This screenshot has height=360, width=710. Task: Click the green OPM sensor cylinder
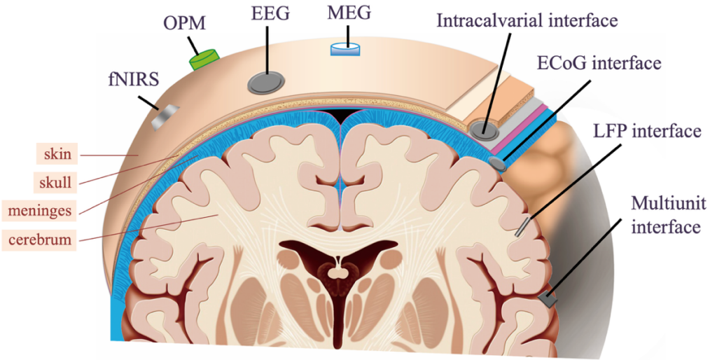point(204,59)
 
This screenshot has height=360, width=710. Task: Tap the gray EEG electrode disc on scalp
point(266,83)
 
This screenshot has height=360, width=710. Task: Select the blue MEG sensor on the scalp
point(344,49)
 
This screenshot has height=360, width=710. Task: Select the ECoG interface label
point(599,64)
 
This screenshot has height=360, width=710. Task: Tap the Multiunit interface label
point(666,216)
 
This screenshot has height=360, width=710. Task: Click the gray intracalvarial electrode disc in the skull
point(482,129)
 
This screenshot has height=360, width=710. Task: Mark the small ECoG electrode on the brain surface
point(499,163)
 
